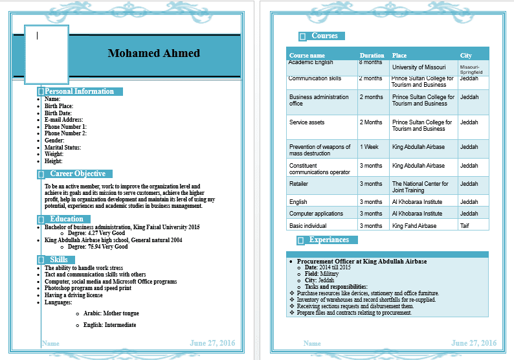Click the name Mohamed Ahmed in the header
[153, 53]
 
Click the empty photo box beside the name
[47, 55]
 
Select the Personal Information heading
[79, 91]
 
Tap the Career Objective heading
[78, 174]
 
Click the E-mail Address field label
[63, 120]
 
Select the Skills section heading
[59, 260]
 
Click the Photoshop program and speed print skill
[88, 289]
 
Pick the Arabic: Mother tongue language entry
[111, 313]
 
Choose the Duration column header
[372, 56]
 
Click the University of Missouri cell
[419, 67]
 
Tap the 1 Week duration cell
[369, 147]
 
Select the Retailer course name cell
[299, 184]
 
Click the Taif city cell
[465, 226]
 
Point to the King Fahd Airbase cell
[414, 226]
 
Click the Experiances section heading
[329, 240]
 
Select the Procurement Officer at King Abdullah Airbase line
[362, 262]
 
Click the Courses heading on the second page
[324, 36]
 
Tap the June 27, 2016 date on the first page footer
[212, 343]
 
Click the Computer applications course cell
[316, 214]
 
